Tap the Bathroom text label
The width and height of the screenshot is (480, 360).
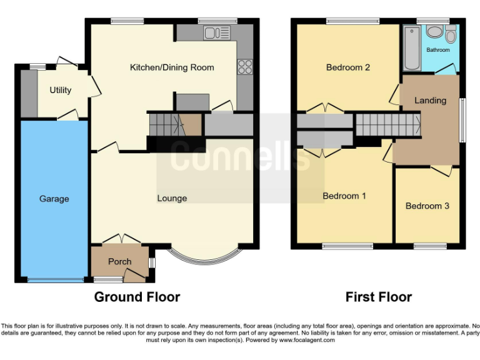pos(437,50)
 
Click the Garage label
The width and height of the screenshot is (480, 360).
pos(54,199)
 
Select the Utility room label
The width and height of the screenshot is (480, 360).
pos(61,90)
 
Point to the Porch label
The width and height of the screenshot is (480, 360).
pos(119,261)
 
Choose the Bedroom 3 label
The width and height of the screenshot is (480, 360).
pos(427,206)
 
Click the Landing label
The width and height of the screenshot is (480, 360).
pos(430,100)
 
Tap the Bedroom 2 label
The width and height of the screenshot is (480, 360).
pos(348,67)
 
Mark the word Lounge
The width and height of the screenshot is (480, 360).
pos(172,198)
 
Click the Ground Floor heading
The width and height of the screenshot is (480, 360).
pos(137,297)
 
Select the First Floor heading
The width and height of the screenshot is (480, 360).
pos(379,297)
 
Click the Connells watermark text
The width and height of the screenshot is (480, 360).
pos(240,156)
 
